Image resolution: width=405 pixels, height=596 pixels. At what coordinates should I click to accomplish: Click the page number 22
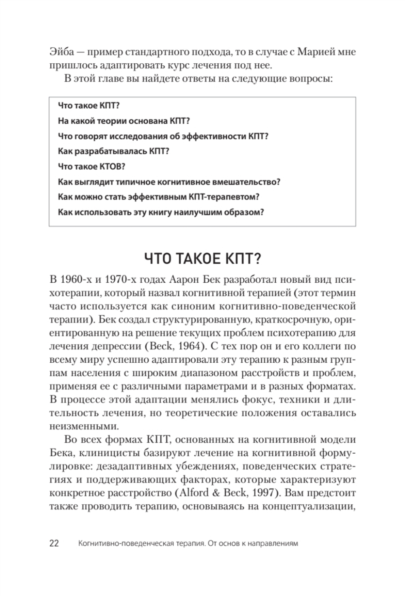54,543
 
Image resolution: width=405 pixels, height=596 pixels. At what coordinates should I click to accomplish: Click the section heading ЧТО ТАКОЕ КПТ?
202,258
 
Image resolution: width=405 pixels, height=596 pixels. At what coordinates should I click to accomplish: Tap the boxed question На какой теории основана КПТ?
124,121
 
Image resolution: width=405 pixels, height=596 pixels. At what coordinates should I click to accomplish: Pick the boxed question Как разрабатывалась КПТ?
113,151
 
